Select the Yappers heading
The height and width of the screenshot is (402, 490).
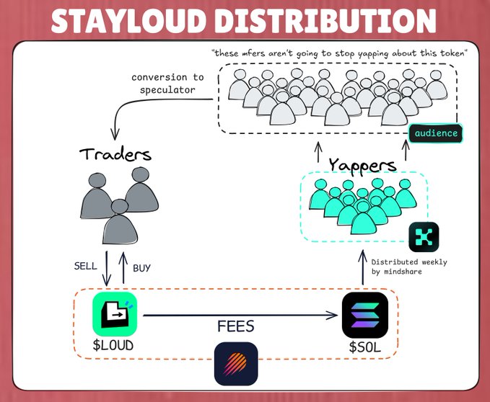click(x=362, y=165)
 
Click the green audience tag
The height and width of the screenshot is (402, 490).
click(x=435, y=133)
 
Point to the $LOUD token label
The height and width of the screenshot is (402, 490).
click(x=113, y=345)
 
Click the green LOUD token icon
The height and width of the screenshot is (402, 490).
click(x=115, y=313)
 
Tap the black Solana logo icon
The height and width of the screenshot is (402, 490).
click(x=364, y=314)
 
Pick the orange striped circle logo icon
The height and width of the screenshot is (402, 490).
click(x=235, y=364)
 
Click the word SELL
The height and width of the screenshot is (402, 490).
click(x=86, y=266)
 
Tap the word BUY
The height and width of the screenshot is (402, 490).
click(x=141, y=268)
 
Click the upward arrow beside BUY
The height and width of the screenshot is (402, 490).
click(x=122, y=266)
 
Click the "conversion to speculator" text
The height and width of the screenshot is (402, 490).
click(x=168, y=84)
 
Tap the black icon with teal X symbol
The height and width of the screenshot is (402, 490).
click(x=424, y=237)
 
